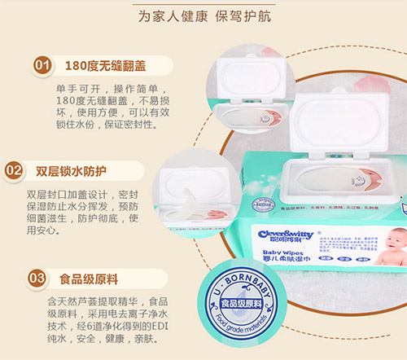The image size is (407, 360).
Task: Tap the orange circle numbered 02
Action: point(14,171)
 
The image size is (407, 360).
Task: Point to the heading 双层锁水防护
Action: point(72,171)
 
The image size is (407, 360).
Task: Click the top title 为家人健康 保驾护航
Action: point(203,15)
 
